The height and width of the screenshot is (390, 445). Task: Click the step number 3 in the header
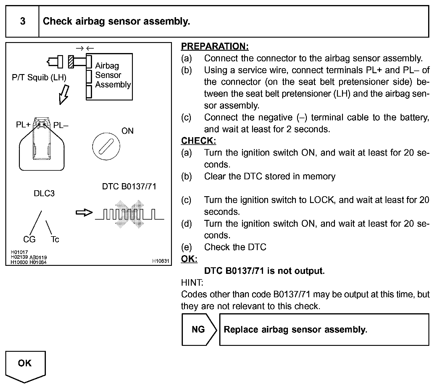point(22,21)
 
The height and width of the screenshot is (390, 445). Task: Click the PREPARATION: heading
point(215,47)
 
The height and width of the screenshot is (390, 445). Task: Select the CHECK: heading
point(199,141)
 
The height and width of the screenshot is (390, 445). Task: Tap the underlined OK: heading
point(189,259)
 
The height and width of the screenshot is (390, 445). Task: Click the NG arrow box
point(199,330)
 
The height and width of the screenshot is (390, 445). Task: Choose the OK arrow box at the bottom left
point(25,365)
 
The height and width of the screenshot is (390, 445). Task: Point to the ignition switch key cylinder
point(106,146)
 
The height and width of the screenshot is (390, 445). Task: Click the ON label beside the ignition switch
point(128,131)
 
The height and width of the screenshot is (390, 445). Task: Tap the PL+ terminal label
point(23,125)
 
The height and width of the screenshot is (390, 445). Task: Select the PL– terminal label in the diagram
point(61,125)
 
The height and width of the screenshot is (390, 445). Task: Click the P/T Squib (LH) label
point(39,78)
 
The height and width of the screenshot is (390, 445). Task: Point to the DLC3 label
point(44,194)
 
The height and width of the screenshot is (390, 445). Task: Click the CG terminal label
point(29,239)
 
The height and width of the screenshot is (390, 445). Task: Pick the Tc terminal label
point(55,239)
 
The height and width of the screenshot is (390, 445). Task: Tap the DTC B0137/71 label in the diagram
point(129,187)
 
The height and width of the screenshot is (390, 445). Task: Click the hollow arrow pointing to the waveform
point(84,213)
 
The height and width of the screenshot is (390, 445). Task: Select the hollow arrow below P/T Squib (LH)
point(64,95)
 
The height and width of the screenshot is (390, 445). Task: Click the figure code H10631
point(161,261)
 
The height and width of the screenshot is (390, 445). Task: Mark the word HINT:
point(192,283)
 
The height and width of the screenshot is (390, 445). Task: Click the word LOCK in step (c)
point(321,200)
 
